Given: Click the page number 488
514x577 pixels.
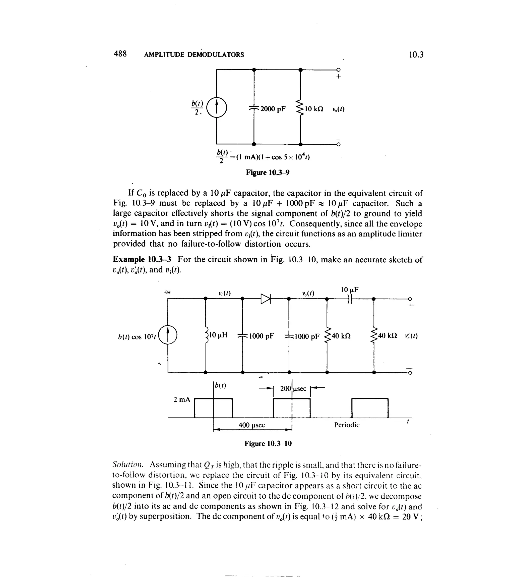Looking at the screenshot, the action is click(120, 54).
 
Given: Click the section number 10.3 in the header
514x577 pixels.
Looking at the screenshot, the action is click(416, 54).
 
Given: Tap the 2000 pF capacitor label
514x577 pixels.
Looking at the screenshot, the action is click(273, 109).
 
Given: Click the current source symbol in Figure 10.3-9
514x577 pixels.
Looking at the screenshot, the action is click(217, 107).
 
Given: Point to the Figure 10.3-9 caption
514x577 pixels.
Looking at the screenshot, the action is click(268, 172).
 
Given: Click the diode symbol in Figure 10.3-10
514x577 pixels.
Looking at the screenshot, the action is click(266, 299).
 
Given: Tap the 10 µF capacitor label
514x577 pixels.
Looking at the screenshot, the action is click(350, 290).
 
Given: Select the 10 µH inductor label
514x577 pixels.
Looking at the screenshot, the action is click(218, 335).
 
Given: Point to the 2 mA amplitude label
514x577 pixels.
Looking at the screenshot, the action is click(182, 399).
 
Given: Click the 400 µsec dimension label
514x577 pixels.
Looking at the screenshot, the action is click(252, 425).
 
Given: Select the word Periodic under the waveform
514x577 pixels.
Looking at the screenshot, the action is click(347, 425).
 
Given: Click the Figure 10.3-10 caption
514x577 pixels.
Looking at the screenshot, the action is click(268, 443).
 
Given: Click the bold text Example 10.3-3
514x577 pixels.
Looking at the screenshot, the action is click(142, 259).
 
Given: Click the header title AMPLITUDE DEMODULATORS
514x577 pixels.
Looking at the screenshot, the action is click(194, 54).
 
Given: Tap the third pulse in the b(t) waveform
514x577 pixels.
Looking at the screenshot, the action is click(370, 408).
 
